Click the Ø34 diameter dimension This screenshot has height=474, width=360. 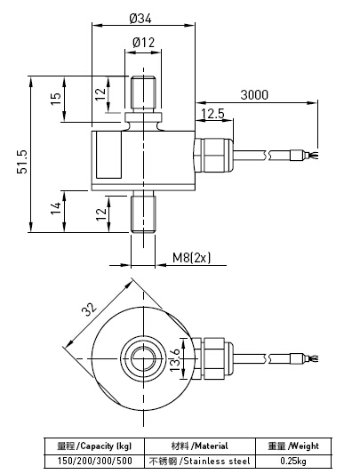point(143,17)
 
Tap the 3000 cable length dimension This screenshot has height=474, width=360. point(254,95)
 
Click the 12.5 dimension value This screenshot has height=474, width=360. point(213,114)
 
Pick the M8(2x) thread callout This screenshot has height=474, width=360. point(190,259)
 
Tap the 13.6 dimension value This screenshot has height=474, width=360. point(174,359)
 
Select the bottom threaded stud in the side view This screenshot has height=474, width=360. point(143,213)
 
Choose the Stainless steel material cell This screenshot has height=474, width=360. point(199,461)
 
